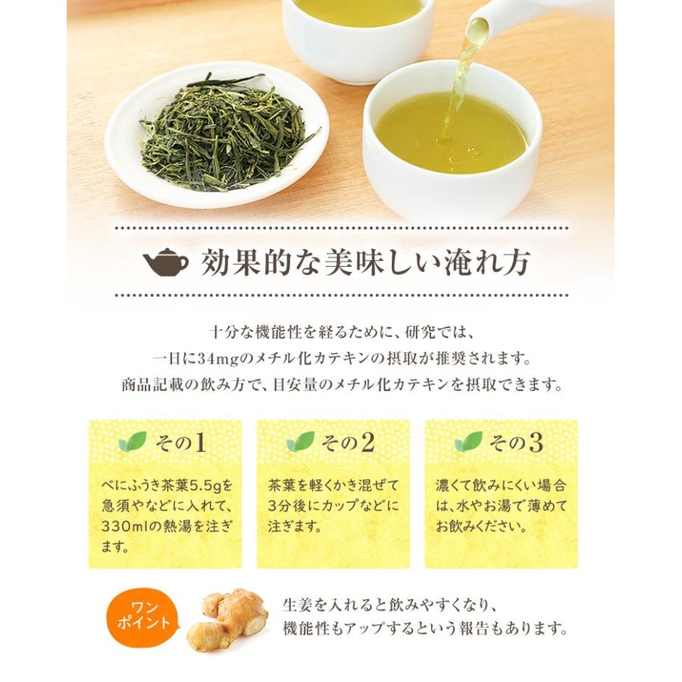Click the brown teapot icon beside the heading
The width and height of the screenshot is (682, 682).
(166, 262)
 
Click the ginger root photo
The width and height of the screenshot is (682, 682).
(227, 619)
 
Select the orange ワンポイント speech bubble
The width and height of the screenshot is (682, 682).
(143, 618)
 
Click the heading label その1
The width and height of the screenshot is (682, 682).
(180, 443)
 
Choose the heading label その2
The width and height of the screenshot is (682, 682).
(348, 443)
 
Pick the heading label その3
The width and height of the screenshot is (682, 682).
(516, 443)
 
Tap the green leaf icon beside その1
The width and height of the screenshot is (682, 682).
(133, 442)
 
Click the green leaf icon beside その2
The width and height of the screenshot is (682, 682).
(301, 442)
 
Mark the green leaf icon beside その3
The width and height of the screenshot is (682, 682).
(468, 442)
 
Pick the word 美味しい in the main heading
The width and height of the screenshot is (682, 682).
(377, 262)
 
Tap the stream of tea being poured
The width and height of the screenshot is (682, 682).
(459, 83)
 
